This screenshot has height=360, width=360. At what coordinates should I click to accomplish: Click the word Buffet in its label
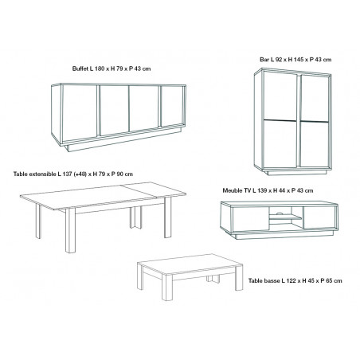80,68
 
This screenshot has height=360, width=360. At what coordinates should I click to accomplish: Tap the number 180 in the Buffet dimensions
100,68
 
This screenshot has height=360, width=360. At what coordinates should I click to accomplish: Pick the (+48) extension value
80,174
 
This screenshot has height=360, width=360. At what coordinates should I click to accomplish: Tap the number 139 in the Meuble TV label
261,190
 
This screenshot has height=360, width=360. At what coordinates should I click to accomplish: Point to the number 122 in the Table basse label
291,280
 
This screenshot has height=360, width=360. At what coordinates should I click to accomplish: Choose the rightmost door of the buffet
173,106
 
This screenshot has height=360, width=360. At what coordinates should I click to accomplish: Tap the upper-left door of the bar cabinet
280,96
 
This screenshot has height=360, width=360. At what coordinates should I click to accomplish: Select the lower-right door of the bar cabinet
315,144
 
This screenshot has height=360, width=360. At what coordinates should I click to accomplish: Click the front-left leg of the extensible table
70,230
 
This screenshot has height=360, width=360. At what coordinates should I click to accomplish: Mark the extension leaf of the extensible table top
154,190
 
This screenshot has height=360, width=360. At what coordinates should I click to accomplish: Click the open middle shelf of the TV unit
286,217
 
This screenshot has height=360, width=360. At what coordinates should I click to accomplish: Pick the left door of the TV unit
251,218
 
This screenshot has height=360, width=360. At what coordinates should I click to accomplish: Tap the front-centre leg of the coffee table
167,288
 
